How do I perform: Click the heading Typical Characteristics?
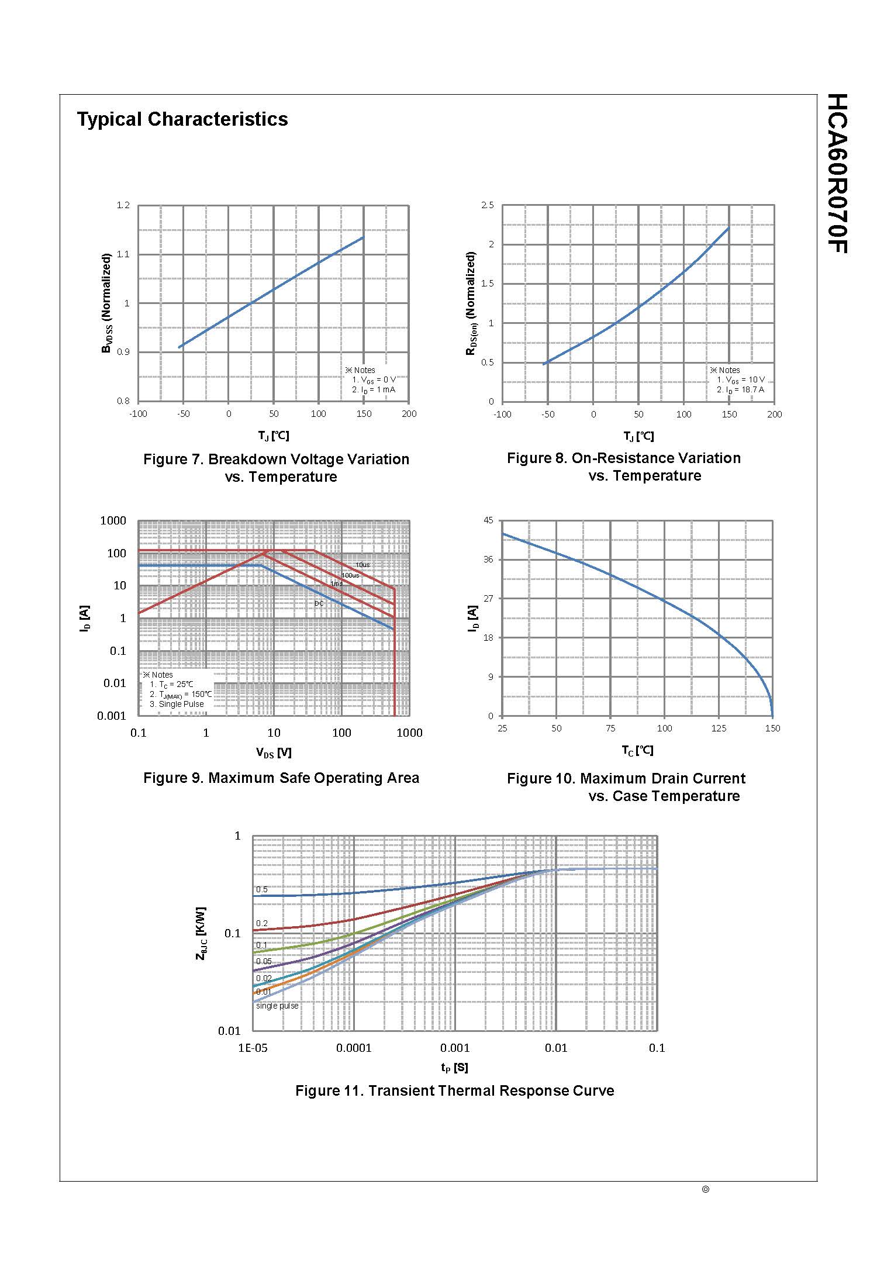pyautogui.click(x=182, y=119)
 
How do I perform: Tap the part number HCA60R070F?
pyautogui.click(x=837, y=173)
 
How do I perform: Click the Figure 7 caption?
pyautogui.click(x=276, y=467)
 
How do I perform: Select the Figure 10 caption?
pyautogui.click(x=626, y=787)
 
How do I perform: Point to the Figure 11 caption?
pyautogui.click(x=454, y=1090)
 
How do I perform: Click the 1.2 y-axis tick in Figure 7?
pyautogui.click(x=123, y=205)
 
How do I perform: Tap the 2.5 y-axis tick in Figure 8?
pyautogui.click(x=488, y=205)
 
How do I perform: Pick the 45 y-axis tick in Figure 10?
pyautogui.click(x=489, y=520)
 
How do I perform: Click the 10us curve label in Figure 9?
pyautogui.click(x=362, y=565)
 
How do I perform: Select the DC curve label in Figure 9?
pyautogui.click(x=319, y=603)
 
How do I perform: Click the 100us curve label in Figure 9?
pyautogui.click(x=350, y=575)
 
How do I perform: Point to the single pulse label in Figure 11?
pyautogui.click(x=277, y=1006)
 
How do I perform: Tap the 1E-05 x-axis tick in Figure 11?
pyautogui.click(x=253, y=1048)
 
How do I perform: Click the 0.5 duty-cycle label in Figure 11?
pyautogui.click(x=262, y=890)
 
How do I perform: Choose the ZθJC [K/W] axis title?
pyautogui.click(x=201, y=933)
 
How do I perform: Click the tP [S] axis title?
pyautogui.click(x=454, y=1068)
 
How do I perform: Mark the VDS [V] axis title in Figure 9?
pyautogui.click(x=274, y=753)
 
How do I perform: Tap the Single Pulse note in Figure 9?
pyautogui.click(x=177, y=704)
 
